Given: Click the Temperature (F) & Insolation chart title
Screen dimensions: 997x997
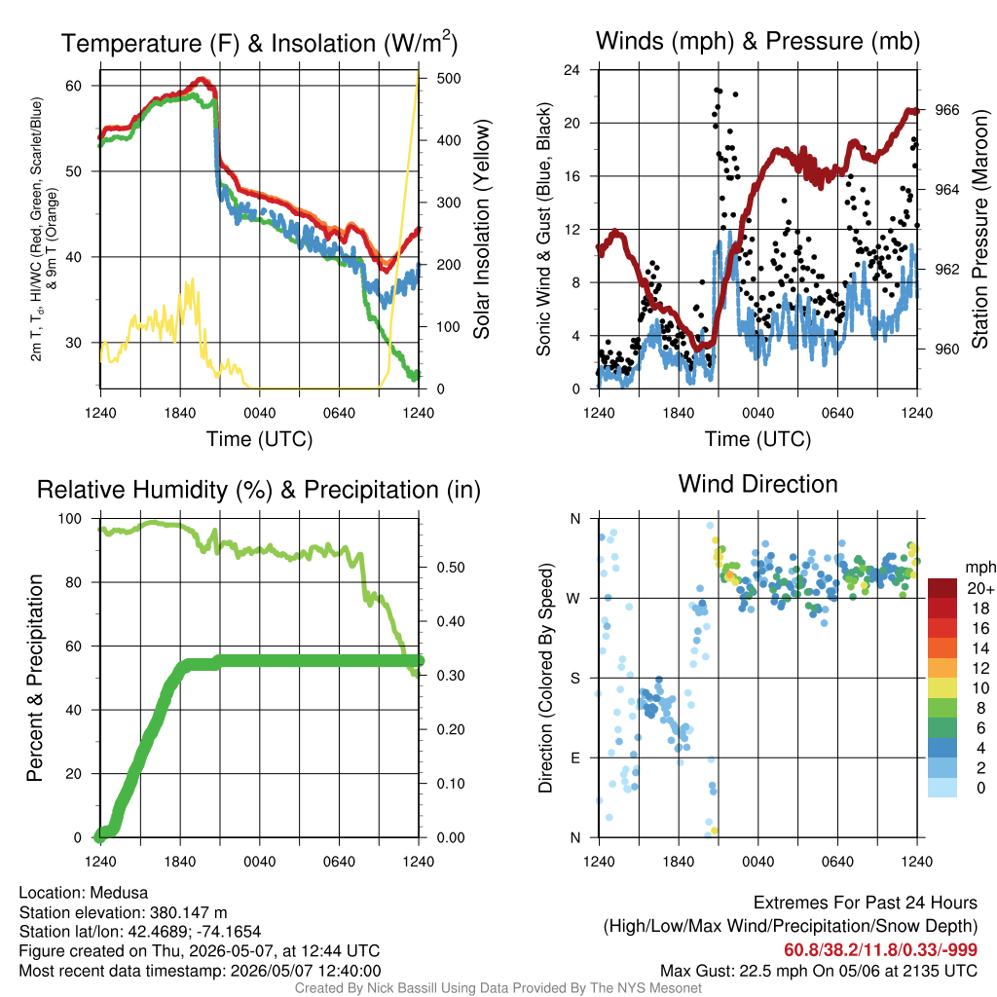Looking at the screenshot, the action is (x=259, y=43).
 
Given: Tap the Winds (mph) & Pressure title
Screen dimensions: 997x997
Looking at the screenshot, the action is (x=757, y=41).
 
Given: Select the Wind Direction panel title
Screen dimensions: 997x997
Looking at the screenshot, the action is (x=757, y=484).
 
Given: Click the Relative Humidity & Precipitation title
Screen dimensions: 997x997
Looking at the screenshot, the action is (x=259, y=490).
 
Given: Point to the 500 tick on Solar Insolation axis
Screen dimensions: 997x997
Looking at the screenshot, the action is (x=449, y=78).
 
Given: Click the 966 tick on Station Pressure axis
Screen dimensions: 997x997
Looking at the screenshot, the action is (x=946, y=110).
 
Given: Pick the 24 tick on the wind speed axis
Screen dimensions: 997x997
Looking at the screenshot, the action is (x=572, y=70).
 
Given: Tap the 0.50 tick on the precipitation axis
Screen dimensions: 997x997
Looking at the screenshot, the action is (x=450, y=568).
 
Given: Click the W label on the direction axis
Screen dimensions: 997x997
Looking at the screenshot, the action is (x=573, y=599).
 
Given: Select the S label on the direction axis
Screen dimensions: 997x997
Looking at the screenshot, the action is (x=574, y=678).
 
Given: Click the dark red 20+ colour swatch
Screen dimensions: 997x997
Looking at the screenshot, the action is (x=942, y=588).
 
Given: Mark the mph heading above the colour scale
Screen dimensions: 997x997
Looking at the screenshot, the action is (x=980, y=568).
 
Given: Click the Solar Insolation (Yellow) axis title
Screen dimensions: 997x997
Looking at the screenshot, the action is (x=482, y=229).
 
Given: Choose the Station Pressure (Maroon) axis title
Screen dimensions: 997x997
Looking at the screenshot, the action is (x=979, y=229).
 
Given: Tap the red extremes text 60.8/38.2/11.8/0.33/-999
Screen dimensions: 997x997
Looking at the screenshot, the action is (x=880, y=950).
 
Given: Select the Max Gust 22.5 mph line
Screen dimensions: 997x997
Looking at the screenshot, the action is (x=818, y=971).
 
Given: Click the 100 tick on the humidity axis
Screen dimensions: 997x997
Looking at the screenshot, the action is (x=70, y=519).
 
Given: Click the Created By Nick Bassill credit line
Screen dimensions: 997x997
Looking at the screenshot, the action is (x=498, y=988).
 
